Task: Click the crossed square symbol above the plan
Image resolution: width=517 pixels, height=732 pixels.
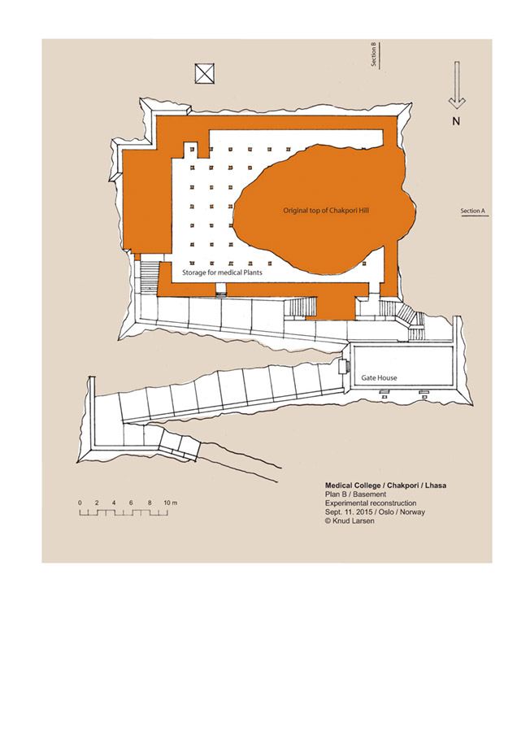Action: pos(204,74)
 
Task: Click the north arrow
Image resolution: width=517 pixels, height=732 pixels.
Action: pos(457,85)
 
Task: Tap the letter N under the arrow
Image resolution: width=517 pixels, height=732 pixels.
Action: pos(456,121)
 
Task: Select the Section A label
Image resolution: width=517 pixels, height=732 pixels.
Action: pos(472,211)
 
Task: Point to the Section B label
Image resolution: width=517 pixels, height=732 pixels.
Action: pos(373,54)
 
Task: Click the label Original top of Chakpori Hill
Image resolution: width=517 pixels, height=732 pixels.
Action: pos(326,211)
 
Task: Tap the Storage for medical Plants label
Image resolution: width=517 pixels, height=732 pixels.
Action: pos(222,272)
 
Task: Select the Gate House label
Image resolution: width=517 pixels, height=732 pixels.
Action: pos(379,377)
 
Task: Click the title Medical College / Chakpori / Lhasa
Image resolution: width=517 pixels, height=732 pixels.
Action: pos(385,486)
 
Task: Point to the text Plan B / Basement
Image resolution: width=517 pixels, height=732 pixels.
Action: pos(355,495)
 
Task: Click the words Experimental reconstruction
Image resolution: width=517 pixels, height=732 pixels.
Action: pos(371,503)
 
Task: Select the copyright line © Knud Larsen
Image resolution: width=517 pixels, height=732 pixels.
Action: pos(350,521)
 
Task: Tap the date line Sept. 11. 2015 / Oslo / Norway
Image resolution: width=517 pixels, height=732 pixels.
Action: pos(375,512)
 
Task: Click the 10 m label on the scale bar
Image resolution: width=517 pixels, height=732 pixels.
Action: pos(171,503)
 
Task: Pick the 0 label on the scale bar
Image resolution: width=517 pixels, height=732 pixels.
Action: pos(80,503)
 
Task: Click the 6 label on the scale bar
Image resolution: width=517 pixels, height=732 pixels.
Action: pos(131,503)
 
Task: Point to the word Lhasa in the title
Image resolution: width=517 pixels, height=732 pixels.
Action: pos(436,486)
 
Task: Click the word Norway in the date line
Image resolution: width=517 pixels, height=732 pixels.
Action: pos(413,512)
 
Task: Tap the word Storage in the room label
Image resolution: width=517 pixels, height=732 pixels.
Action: pos(193,272)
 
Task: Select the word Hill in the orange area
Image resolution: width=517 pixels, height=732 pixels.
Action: pos(363,211)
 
